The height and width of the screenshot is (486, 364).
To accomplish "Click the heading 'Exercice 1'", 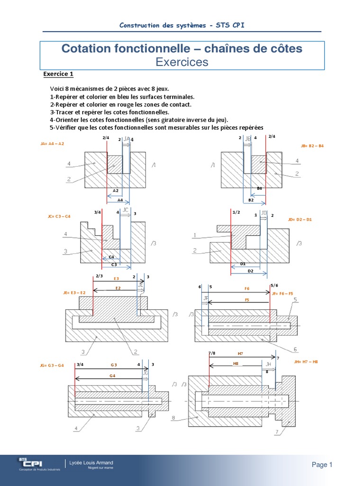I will click(x=58, y=74).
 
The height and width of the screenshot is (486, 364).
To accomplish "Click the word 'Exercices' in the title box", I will click(x=182, y=62).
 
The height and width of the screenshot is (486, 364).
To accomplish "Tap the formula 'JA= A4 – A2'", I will click(x=53, y=143).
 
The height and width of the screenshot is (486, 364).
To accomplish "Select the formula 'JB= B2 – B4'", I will click(x=312, y=146).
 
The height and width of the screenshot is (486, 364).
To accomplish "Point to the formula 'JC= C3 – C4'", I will click(x=59, y=216).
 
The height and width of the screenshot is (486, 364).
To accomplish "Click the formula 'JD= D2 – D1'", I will click(x=300, y=220).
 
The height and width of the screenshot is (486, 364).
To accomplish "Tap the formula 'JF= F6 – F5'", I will click(x=283, y=293).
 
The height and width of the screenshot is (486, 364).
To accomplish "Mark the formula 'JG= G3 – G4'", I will click(x=52, y=365).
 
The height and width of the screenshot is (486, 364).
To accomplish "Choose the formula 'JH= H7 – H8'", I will click(x=306, y=362).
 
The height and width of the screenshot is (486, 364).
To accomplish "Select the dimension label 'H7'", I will click(x=240, y=354).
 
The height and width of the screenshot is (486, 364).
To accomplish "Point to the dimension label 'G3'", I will click(x=114, y=364).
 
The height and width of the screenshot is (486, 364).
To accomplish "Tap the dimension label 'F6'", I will click(x=246, y=288).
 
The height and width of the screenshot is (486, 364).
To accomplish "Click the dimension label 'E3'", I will click(x=116, y=279).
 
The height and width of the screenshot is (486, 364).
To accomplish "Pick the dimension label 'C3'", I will click(x=114, y=264).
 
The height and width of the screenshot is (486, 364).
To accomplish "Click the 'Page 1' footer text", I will click(x=322, y=465).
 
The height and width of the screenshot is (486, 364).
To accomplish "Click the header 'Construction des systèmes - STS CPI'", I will click(x=182, y=25).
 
